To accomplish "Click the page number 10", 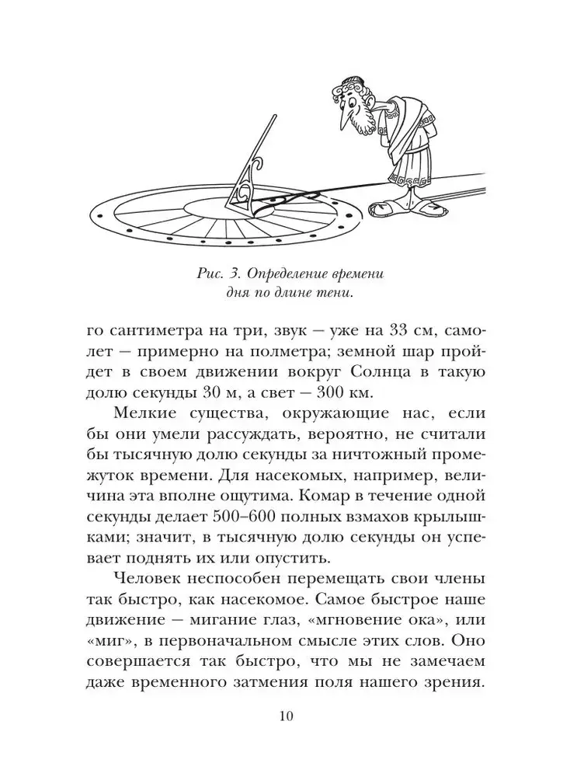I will tap(288, 715).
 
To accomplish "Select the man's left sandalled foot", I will tap(387, 207).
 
